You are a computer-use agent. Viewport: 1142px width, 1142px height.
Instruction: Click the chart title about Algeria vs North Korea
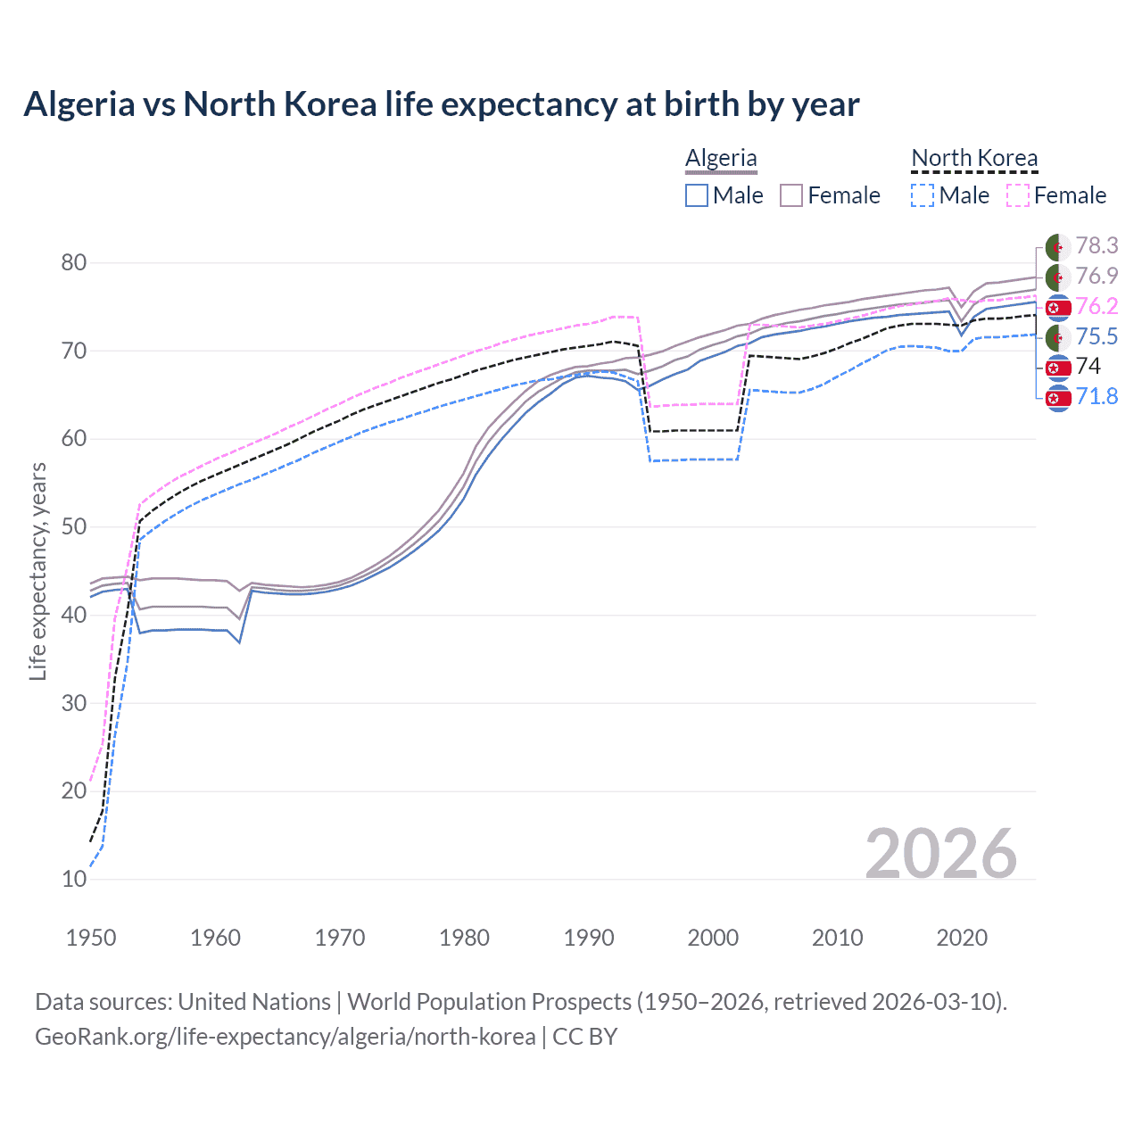(x=441, y=104)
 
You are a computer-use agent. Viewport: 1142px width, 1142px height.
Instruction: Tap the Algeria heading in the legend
(x=721, y=158)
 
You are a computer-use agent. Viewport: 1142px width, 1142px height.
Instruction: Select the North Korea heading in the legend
(x=974, y=158)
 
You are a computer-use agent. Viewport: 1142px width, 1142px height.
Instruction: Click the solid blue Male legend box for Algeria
(x=697, y=195)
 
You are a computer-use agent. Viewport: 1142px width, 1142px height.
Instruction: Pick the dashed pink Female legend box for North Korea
(x=1018, y=195)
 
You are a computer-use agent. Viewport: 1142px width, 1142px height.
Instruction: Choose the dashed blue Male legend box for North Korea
(x=923, y=195)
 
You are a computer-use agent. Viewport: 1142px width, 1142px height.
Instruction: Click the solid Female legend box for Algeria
(x=791, y=195)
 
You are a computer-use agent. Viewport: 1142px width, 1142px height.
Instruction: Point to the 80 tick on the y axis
(x=74, y=262)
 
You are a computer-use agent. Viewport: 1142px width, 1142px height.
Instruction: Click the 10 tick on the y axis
(x=74, y=879)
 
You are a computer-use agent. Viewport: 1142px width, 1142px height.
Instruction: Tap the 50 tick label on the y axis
(x=74, y=526)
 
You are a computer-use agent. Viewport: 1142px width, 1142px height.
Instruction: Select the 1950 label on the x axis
(x=91, y=938)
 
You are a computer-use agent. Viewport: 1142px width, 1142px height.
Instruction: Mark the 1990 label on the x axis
(x=589, y=938)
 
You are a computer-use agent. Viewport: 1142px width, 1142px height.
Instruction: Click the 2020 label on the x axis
(x=962, y=938)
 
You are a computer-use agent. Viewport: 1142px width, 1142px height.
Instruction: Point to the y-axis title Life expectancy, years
(x=37, y=571)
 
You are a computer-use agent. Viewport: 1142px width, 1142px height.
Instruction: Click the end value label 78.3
(x=1096, y=245)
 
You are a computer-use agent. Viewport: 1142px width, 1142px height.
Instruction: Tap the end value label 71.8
(x=1096, y=396)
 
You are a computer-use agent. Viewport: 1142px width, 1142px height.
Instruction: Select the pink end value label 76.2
(x=1096, y=306)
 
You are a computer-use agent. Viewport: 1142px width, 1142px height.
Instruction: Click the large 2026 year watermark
(x=940, y=854)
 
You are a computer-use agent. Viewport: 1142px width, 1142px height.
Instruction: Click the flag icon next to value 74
(x=1058, y=367)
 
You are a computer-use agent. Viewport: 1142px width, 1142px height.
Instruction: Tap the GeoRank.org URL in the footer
(x=285, y=1037)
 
